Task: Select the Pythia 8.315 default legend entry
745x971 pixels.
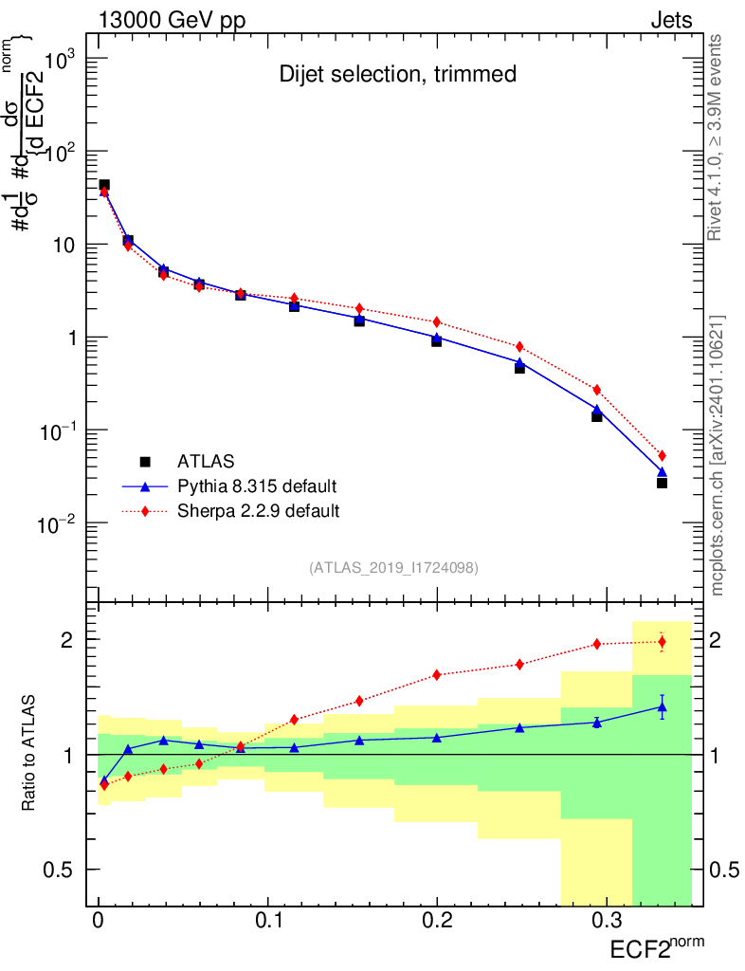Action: [x=257, y=486]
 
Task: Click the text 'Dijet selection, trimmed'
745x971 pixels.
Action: [x=397, y=74]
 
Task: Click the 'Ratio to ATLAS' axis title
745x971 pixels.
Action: [x=30, y=753]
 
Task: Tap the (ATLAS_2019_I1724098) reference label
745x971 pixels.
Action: [x=392, y=568]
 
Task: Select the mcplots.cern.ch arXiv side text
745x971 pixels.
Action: [x=718, y=455]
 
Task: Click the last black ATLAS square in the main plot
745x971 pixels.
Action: [x=662, y=483]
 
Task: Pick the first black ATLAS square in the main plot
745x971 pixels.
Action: [x=104, y=185]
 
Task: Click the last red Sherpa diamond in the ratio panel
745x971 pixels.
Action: [x=662, y=642]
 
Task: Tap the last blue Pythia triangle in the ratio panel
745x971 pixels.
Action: [x=662, y=706]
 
